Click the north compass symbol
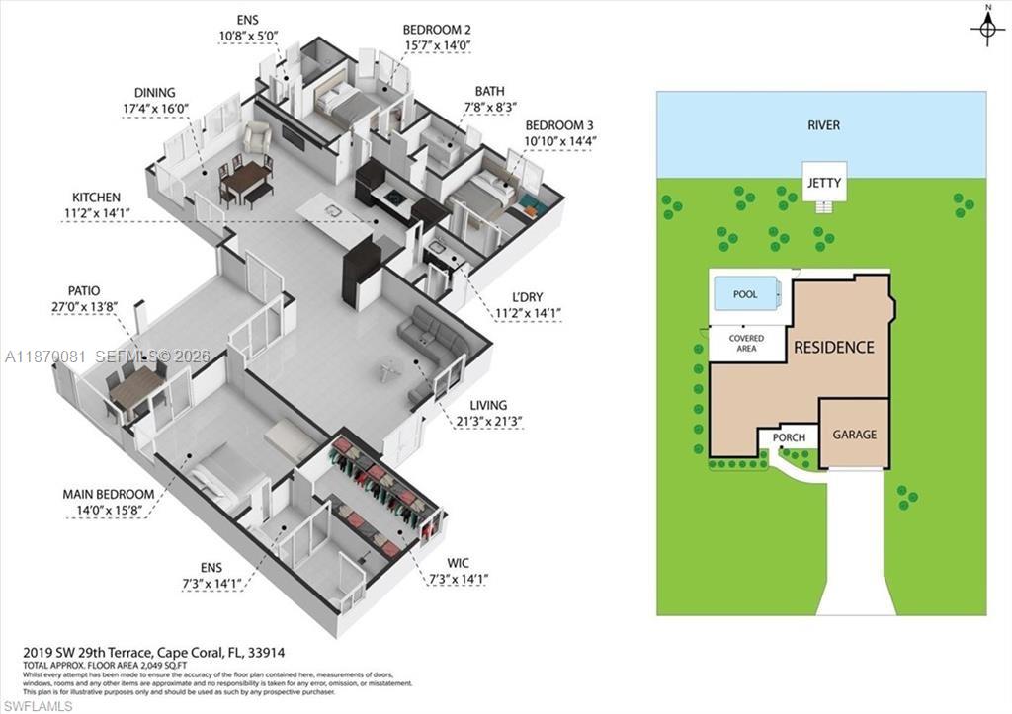coord(986,30)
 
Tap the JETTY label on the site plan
coord(822,183)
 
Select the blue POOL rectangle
coord(745,294)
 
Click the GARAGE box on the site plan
coord(854,434)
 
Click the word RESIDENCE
coord(833,348)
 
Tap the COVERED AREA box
coord(746,344)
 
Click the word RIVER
coord(822,125)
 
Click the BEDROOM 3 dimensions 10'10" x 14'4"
coord(560,140)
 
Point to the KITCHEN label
coord(96,198)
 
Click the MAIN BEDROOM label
coord(108,494)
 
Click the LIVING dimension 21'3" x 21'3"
coord(488,421)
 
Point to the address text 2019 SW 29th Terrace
coord(107,653)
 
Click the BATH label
coord(489,90)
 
